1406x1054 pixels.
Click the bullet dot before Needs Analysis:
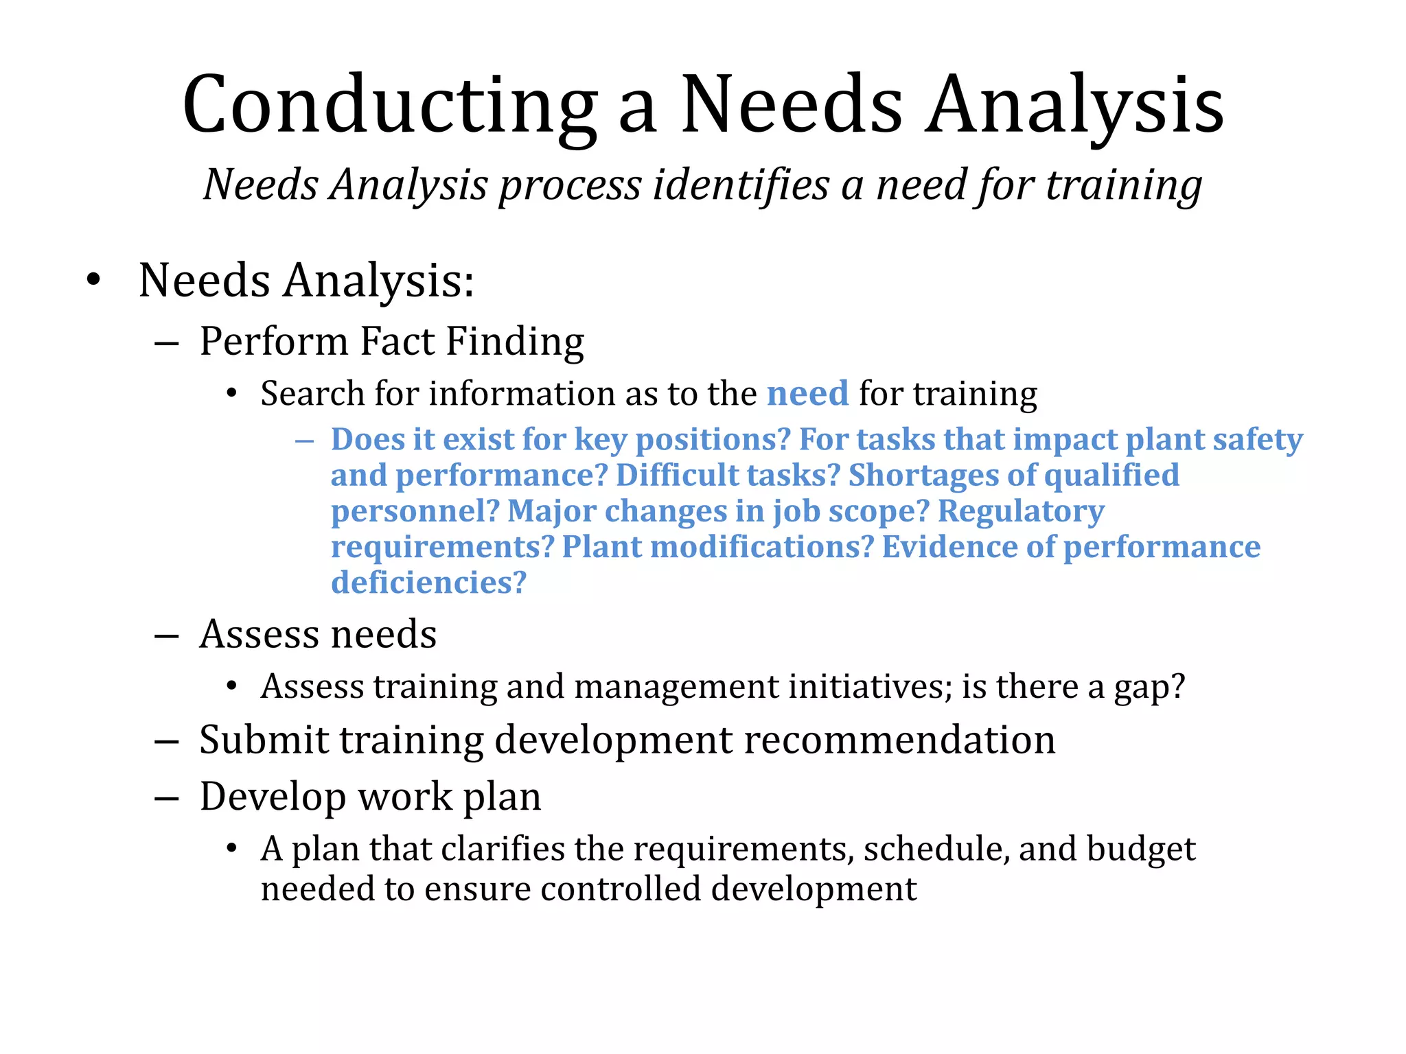coord(93,281)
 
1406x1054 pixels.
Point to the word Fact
coord(397,341)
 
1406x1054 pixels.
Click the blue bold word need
coord(807,394)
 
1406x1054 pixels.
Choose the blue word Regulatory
coord(1021,512)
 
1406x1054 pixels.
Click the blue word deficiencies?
coord(428,583)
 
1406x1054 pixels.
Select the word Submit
coord(264,740)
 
